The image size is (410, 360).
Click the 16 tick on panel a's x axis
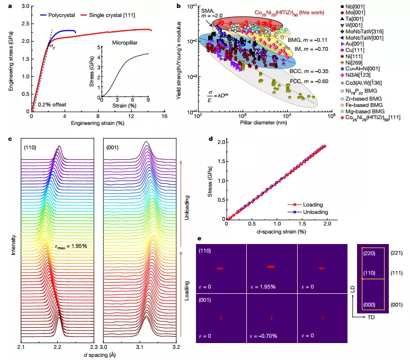(164, 116)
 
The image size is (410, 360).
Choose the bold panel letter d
(211, 140)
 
